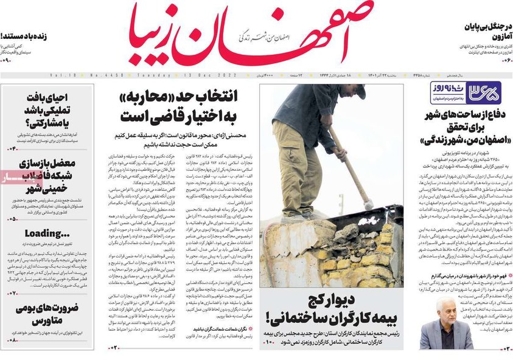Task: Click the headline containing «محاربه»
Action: point(183,105)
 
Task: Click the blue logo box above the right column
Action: point(465,93)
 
